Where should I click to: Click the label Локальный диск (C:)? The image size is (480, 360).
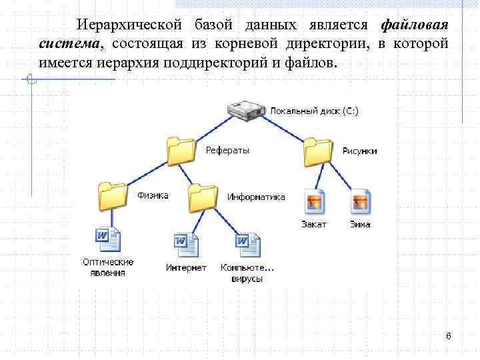314,111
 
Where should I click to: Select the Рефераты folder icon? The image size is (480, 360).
181,151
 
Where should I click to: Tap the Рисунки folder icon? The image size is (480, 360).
318,151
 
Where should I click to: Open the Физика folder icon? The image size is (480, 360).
112,196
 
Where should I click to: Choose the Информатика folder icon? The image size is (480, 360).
203,197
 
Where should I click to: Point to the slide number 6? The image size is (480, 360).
449,336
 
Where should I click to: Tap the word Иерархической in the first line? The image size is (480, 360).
129,25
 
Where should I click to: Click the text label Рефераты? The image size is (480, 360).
227,151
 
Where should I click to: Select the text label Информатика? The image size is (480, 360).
256,197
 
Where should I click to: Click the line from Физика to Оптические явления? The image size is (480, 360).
110,218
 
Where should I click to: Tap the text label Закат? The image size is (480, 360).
313,225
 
